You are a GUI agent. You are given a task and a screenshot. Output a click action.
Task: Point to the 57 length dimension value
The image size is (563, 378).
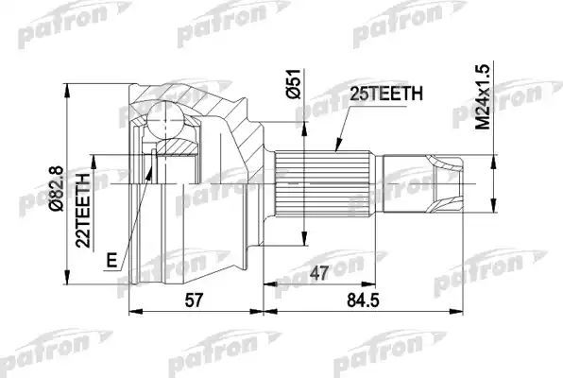click(194, 300)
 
